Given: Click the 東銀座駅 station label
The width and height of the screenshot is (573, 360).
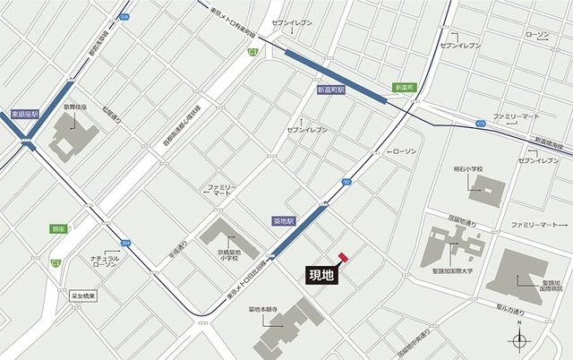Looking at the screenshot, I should click(x=27, y=114).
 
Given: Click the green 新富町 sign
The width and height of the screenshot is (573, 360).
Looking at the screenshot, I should click(x=405, y=87).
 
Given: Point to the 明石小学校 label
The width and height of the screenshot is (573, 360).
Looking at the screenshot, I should click(x=467, y=169).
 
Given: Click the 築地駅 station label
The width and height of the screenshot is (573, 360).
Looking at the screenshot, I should click(x=284, y=219).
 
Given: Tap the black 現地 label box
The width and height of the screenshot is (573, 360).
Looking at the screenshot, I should click(x=321, y=275).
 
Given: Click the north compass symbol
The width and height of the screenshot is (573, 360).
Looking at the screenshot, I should click(x=518, y=338).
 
